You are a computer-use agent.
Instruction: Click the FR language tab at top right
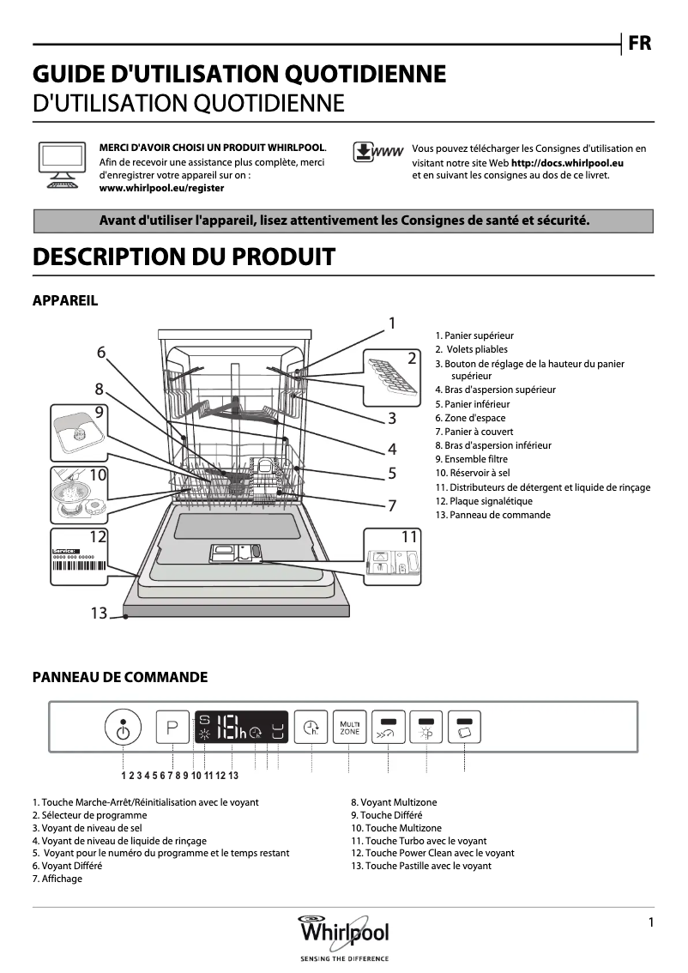coord(640,44)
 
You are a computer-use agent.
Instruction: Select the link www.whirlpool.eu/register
coord(162,187)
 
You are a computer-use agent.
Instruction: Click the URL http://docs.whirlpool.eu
coord(567,162)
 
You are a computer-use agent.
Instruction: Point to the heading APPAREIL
coord(65,300)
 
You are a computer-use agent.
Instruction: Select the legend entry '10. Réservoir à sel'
coord(473,473)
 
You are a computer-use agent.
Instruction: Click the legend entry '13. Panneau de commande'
coord(492,515)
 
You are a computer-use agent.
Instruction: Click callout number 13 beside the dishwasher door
coord(99,613)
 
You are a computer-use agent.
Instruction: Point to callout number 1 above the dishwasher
coord(391,323)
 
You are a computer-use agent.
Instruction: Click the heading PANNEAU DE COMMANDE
coord(120,677)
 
